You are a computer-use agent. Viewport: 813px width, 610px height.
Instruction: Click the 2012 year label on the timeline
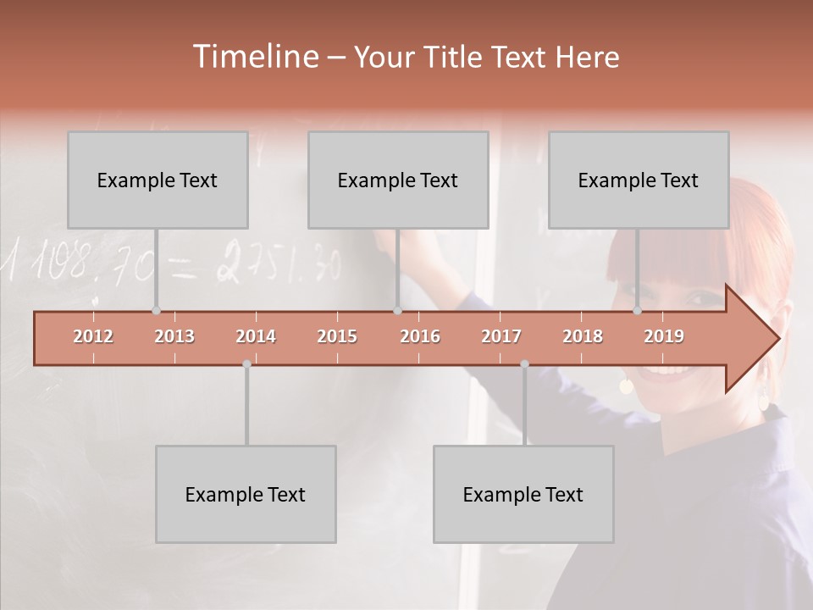(93, 336)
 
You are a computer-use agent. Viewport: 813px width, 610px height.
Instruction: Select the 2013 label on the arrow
(174, 336)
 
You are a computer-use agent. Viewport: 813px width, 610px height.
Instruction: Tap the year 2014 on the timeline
(256, 336)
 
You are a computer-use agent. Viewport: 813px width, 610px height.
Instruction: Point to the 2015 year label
(337, 336)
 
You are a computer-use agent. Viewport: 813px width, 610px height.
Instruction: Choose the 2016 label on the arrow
(420, 336)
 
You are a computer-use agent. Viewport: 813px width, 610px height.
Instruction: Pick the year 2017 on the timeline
(501, 336)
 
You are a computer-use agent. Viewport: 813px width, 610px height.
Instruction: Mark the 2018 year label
(583, 336)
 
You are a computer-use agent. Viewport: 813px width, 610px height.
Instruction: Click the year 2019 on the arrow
(664, 336)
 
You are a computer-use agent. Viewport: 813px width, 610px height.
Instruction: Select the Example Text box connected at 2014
(246, 494)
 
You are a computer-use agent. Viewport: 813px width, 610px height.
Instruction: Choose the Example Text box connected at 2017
(523, 494)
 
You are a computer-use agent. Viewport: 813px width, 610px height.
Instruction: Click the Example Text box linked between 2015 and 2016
(398, 180)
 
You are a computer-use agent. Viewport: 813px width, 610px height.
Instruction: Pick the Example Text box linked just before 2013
(158, 180)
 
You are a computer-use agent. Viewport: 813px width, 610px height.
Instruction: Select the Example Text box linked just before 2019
(639, 180)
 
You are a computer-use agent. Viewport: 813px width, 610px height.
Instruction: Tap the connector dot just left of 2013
(156, 311)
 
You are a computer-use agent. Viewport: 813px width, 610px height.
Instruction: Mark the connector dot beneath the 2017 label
(524, 364)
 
